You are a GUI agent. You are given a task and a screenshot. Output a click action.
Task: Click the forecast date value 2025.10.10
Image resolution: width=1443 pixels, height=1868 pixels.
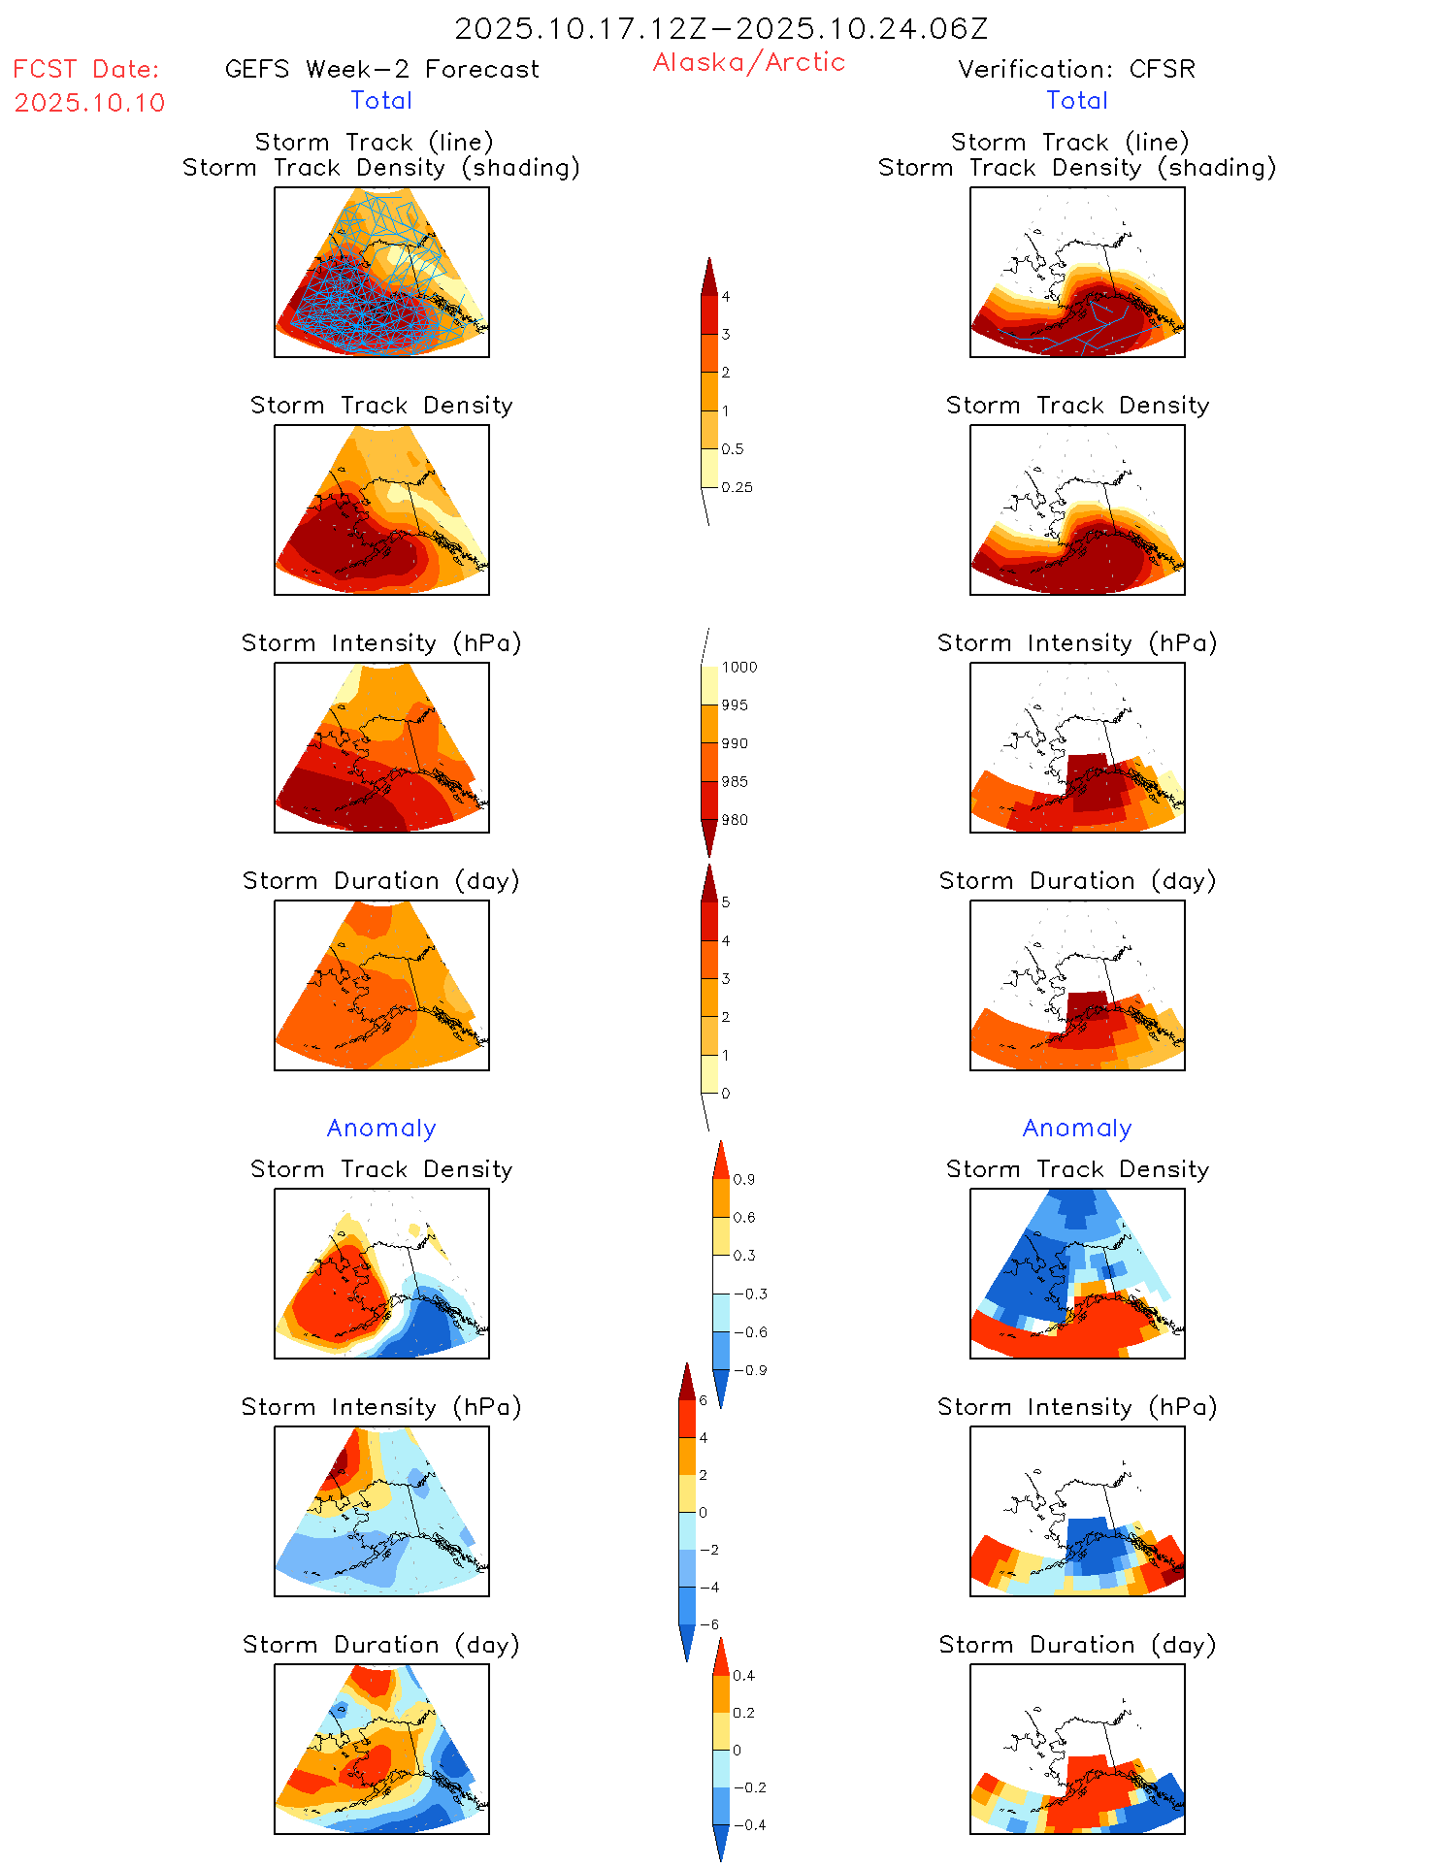coord(89,103)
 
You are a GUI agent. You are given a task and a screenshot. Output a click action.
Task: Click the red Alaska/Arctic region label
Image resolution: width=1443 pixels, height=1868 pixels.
coord(748,62)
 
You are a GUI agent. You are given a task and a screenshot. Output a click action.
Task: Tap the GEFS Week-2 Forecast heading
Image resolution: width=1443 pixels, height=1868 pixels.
coord(381,69)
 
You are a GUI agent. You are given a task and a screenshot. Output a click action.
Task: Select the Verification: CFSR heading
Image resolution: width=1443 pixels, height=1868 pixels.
coord(1076,69)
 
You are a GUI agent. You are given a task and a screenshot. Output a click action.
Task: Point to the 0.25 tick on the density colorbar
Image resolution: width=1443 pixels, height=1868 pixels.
coord(737,487)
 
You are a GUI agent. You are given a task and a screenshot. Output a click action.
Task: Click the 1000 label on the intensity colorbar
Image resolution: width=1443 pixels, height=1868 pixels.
coord(738,667)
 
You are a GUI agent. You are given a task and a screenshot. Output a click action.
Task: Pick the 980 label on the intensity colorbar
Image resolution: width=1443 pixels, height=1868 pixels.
coord(735,820)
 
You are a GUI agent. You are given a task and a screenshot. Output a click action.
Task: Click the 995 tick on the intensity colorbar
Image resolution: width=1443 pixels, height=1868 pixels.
coord(735,705)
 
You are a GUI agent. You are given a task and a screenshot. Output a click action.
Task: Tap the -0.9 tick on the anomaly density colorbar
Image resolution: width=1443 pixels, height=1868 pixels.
coord(749,1370)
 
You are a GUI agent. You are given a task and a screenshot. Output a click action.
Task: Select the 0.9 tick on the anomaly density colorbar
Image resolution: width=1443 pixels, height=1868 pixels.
coord(743,1179)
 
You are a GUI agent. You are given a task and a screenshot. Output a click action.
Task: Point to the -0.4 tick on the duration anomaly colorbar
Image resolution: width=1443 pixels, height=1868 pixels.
coord(748,1824)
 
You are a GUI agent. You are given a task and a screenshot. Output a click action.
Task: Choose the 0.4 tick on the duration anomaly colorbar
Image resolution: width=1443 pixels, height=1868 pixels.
coord(743,1675)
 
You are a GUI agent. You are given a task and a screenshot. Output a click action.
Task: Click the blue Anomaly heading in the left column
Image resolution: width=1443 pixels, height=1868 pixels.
coord(381,1128)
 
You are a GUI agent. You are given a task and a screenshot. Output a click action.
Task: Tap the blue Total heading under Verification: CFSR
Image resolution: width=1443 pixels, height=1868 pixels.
coord(1077,100)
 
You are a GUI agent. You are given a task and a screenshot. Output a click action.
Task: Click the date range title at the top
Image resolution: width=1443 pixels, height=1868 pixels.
coord(721,29)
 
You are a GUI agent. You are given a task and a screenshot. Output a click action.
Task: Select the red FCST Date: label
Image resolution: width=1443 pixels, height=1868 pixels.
coord(85,69)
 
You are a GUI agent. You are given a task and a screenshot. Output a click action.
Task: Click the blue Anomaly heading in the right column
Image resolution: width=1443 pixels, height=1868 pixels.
coord(1077,1128)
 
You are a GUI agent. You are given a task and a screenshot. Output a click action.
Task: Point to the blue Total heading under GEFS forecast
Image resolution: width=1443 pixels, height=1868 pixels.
coord(381,100)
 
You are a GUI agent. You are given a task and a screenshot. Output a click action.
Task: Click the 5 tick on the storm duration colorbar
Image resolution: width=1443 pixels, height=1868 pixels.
coord(725,902)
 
